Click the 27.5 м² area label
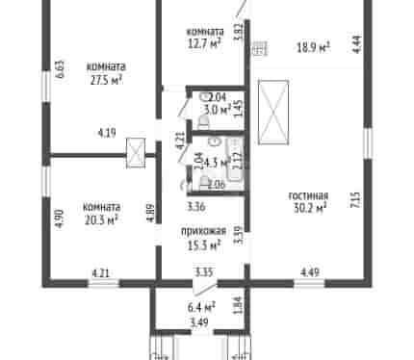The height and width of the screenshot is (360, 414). pos(106,80)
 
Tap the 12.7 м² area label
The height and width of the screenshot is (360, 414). pos(204,43)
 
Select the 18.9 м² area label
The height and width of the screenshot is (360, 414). pos(313,48)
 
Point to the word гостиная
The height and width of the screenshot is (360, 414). pos(308,195)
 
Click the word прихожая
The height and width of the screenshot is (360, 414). pos(203,231)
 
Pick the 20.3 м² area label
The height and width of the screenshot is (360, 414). pos(101,220)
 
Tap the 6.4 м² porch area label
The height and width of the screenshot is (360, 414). pos(201,307)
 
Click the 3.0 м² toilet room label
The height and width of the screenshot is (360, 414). pos(218,110)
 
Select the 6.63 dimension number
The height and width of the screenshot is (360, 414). pos(60,69)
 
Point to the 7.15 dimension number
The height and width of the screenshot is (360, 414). pos(356,200)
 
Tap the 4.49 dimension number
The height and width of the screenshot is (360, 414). pos(310,272)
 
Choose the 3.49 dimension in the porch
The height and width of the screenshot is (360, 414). pos(199,321)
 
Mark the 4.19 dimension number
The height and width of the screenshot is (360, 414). pos(107,133)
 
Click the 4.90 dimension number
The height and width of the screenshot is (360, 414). pos(60,219)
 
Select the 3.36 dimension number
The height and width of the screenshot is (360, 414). pos(196,207)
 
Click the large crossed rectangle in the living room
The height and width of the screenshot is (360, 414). pos(273,112)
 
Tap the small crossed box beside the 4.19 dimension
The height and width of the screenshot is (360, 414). pos(136,153)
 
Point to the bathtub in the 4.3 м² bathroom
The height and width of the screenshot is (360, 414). pos(236,160)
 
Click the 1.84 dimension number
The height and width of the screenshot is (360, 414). pos(238,305)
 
